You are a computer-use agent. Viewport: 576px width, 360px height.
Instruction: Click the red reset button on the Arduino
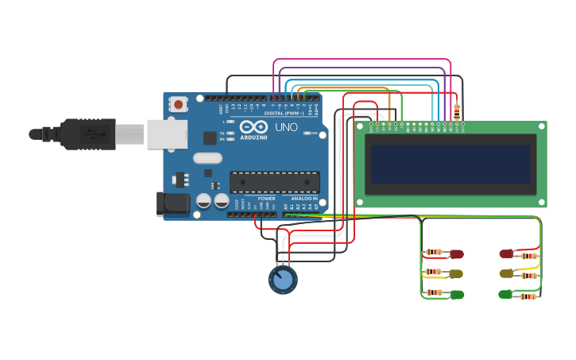(179, 104)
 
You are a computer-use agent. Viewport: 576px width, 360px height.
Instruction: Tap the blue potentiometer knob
(282, 280)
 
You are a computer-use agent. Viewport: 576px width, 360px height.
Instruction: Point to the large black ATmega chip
(275, 182)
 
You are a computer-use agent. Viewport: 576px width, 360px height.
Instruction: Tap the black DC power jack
(172, 203)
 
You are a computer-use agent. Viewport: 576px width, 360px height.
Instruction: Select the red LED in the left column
(456, 254)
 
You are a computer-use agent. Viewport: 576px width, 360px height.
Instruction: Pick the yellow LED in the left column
(456, 273)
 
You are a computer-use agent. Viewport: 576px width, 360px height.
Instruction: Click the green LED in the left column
(456, 294)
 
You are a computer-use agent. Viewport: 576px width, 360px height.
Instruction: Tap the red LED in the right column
(506, 254)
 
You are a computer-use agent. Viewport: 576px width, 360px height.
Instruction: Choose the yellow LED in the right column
(506, 273)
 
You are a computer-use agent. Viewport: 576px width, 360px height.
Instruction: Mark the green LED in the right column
(505, 294)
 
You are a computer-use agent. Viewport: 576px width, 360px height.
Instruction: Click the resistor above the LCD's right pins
(455, 110)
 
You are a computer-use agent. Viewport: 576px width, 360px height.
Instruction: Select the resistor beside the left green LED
(433, 293)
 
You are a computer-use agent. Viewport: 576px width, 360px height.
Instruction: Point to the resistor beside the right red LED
(529, 255)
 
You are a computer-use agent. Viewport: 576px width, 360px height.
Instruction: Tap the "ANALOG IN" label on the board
(304, 199)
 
